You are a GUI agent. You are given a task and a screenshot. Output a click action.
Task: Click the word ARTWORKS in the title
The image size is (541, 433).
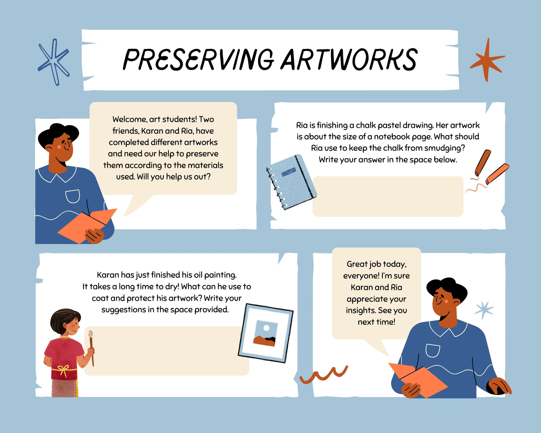[349, 60]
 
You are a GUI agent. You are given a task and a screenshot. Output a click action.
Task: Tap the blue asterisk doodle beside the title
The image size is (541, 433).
[53, 62]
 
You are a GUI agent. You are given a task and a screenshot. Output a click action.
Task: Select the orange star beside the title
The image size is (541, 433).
[487, 60]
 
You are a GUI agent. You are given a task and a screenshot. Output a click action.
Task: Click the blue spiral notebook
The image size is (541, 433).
[291, 182]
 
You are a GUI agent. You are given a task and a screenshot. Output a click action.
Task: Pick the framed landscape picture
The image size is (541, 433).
[266, 333]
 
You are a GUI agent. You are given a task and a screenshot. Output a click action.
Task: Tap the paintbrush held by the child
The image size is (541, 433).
[91, 348]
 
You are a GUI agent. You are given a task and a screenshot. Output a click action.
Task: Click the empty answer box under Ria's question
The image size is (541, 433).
[387, 197]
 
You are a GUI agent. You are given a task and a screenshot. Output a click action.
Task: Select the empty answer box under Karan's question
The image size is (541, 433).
[166, 351]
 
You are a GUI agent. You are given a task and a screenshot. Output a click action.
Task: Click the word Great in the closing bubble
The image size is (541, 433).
[357, 264]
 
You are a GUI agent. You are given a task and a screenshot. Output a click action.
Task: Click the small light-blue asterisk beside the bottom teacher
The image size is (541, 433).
[484, 310]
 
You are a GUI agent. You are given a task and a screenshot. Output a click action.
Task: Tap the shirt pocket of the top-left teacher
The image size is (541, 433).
[73, 196]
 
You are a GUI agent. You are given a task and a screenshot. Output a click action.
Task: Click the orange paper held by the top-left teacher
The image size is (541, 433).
[87, 226]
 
